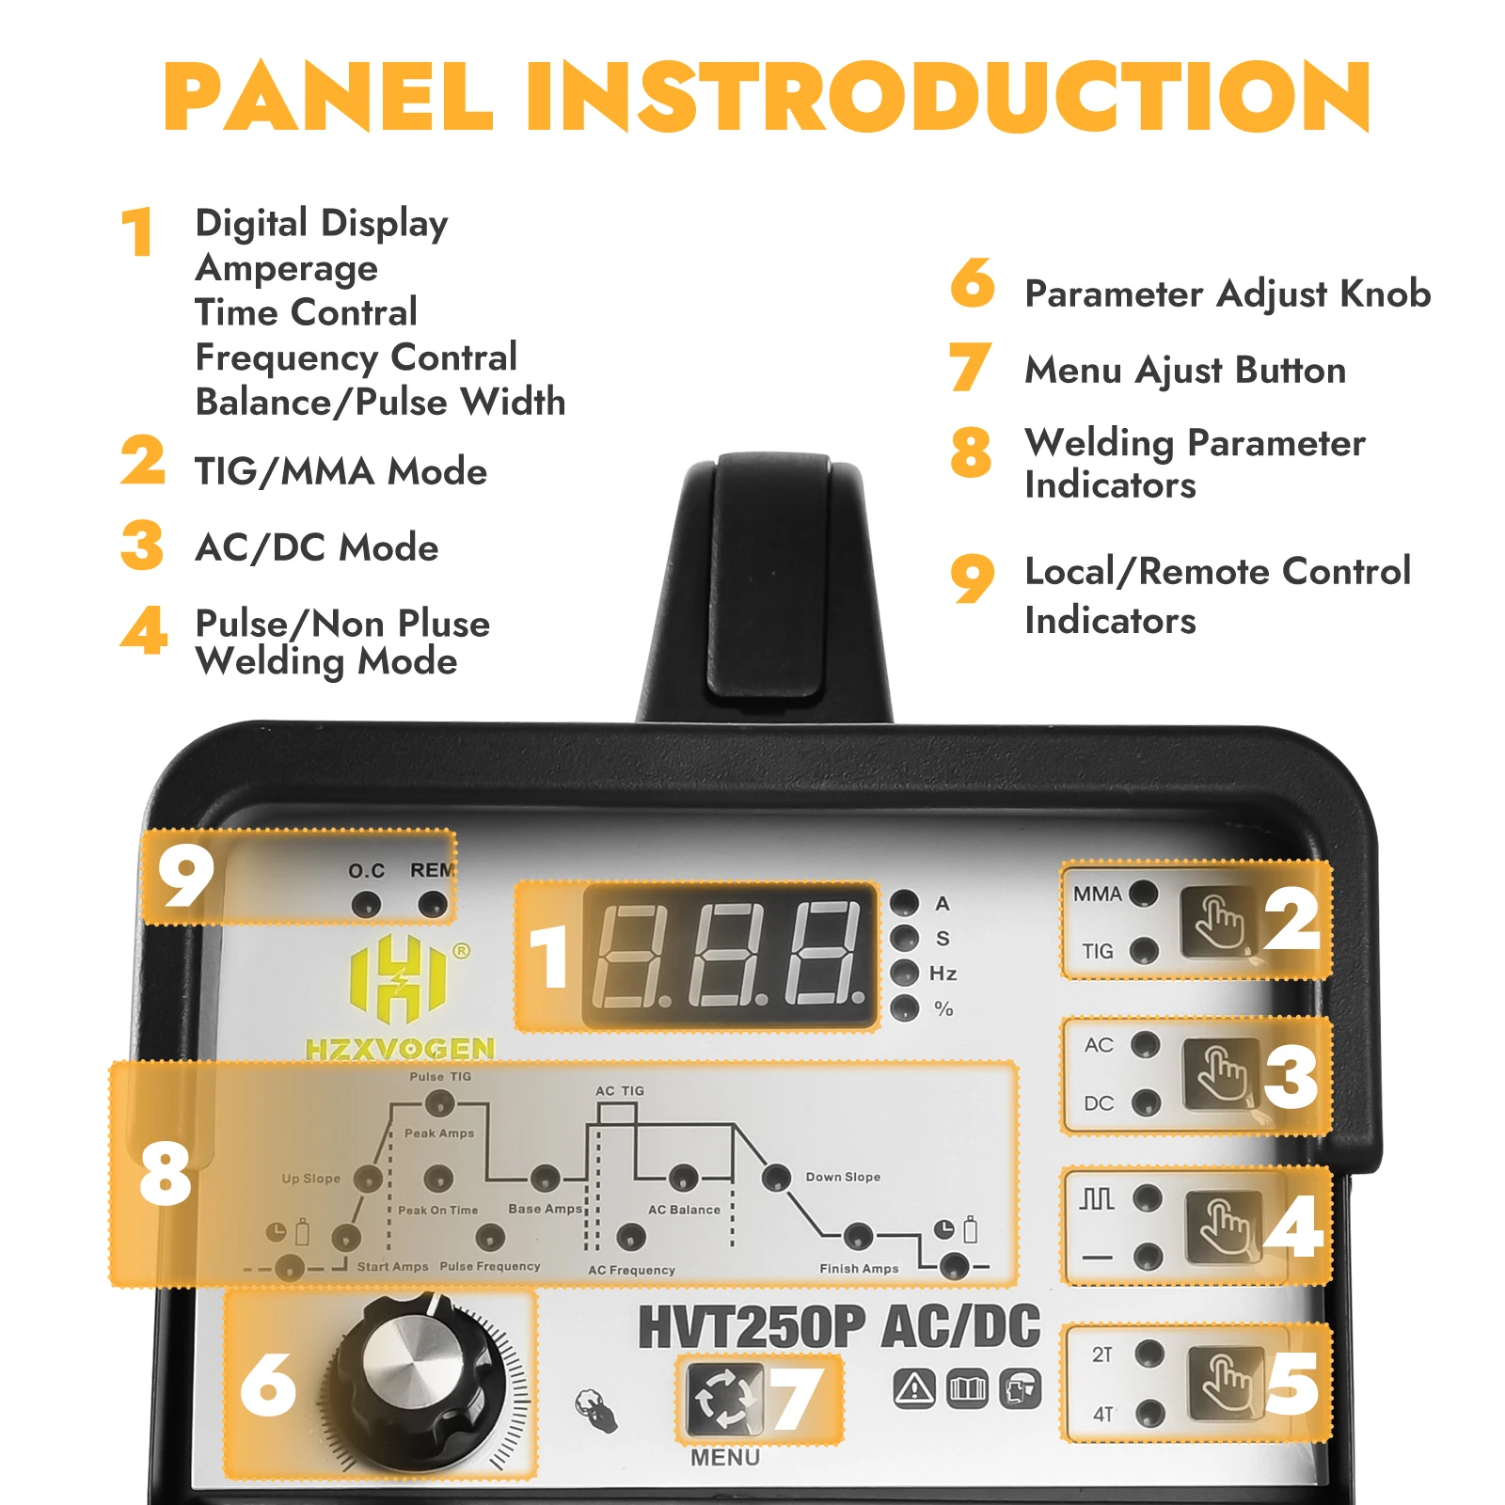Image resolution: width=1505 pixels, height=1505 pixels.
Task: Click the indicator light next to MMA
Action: (1144, 893)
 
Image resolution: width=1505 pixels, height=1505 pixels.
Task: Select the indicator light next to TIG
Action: (1144, 951)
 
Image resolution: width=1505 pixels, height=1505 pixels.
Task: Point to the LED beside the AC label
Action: (1145, 1044)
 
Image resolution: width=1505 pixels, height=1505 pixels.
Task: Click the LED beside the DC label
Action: (1145, 1102)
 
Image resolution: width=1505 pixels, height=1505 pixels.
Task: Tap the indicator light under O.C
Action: (366, 905)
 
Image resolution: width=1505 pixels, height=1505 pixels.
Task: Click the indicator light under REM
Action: (432, 905)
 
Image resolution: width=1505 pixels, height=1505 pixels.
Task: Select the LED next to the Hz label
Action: (905, 973)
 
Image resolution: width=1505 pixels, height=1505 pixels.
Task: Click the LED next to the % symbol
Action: (905, 1008)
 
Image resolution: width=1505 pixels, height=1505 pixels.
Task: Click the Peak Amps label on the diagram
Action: (439, 1133)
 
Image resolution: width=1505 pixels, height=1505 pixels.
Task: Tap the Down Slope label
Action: (843, 1177)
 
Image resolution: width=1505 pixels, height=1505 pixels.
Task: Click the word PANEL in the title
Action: (328, 97)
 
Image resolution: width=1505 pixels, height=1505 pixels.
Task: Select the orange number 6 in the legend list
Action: (973, 282)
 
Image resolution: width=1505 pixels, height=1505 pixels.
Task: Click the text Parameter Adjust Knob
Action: (1228, 294)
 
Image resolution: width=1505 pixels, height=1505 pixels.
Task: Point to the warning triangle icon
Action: (914, 1387)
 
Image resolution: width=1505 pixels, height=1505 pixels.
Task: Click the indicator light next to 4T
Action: (1149, 1412)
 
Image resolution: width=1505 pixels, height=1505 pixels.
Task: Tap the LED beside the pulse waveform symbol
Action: (1148, 1197)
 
